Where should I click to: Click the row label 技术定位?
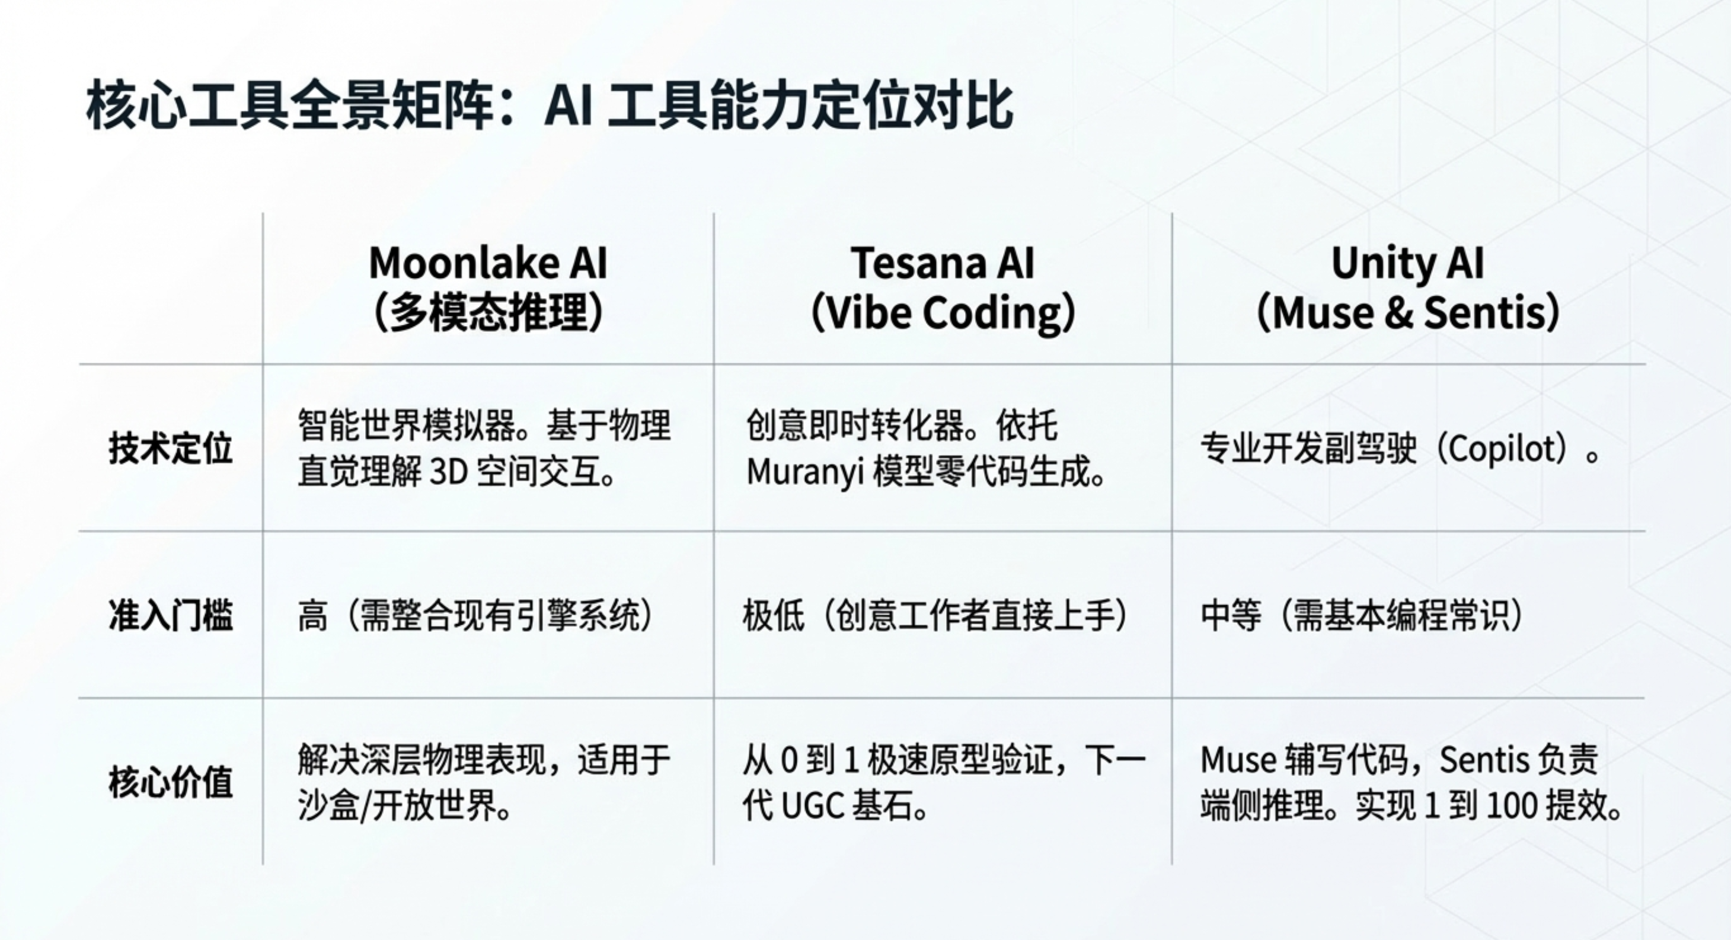(x=171, y=448)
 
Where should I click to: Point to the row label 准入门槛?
(x=171, y=615)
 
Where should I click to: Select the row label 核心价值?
(x=171, y=782)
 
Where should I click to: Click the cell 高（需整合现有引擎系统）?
(x=476, y=615)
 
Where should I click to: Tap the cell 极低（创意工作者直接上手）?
(x=935, y=615)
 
